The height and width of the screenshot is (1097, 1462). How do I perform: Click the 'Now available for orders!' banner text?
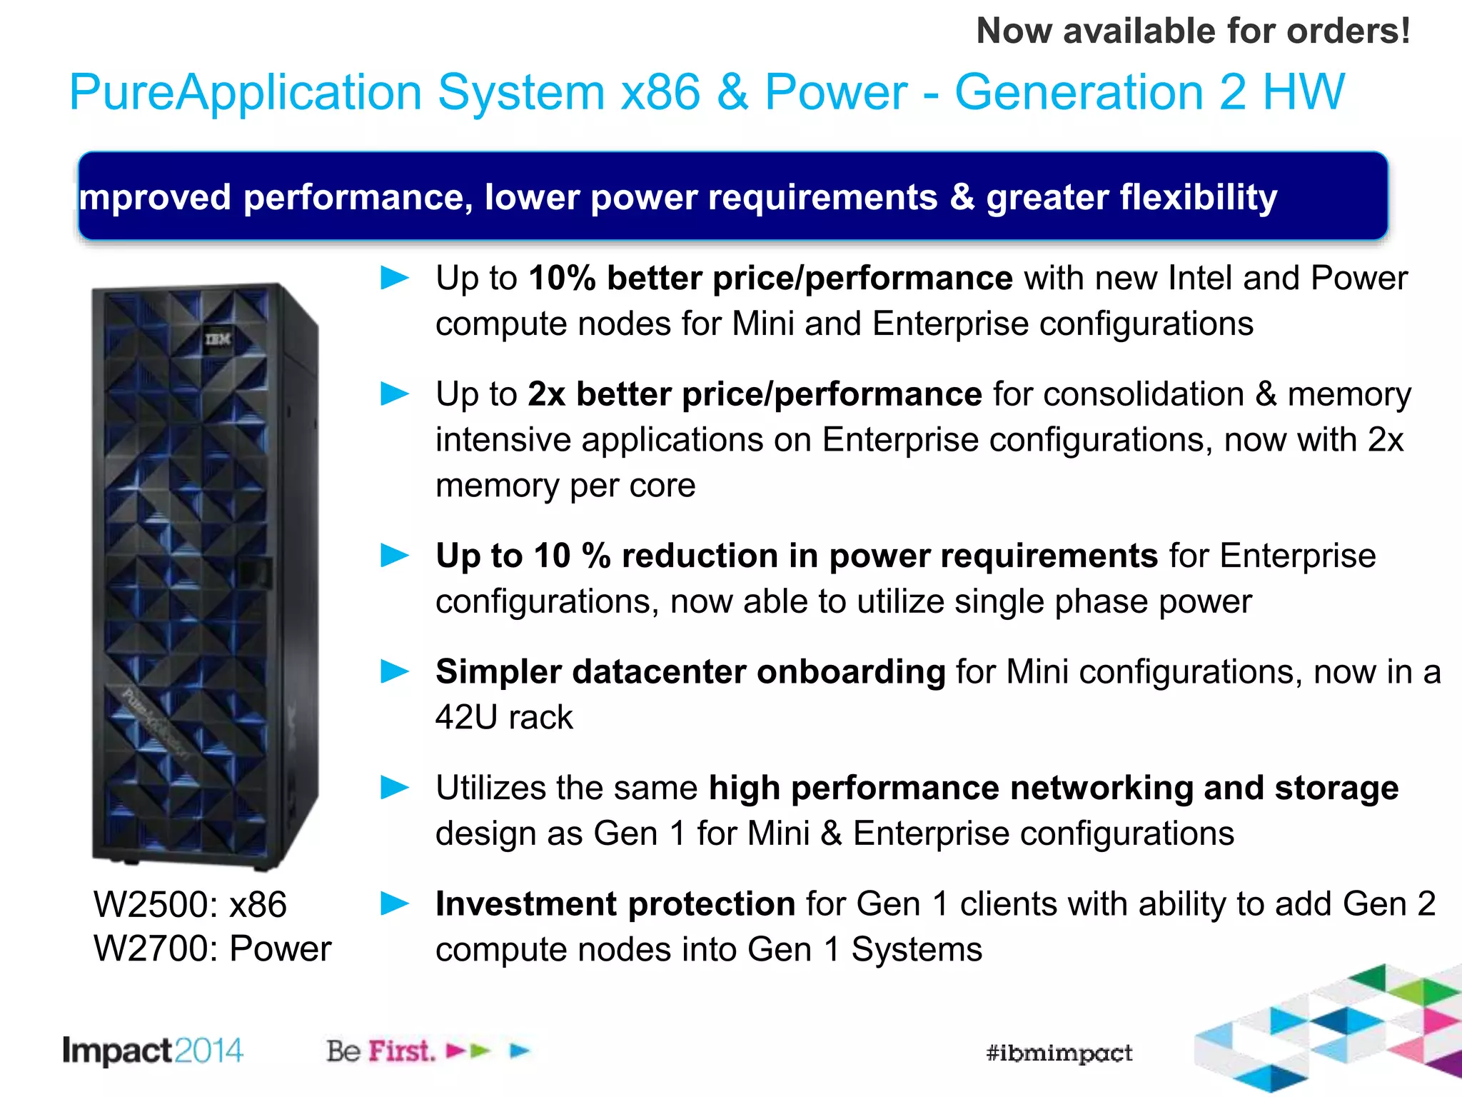(x=1193, y=31)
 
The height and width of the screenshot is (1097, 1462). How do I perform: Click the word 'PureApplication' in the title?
(x=246, y=93)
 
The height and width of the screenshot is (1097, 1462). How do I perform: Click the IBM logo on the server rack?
(x=218, y=339)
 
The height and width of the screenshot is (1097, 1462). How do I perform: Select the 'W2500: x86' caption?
(x=190, y=904)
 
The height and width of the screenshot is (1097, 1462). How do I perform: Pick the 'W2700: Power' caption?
(x=212, y=949)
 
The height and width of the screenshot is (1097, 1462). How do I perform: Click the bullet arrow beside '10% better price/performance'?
(x=395, y=278)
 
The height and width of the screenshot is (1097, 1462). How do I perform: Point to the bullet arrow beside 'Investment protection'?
(x=395, y=903)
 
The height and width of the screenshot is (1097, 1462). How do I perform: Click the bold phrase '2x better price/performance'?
(x=755, y=394)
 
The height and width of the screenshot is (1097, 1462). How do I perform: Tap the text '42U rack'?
(x=504, y=717)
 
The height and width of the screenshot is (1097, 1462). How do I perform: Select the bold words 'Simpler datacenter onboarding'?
(x=690, y=671)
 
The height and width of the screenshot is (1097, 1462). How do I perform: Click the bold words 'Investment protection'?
(x=615, y=903)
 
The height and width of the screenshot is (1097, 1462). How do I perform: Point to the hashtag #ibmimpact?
(x=1059, y=1053)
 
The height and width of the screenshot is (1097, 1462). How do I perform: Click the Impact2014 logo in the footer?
(x=153, y=1051)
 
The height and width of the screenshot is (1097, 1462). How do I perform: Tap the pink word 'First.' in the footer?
(x=401, y=1051)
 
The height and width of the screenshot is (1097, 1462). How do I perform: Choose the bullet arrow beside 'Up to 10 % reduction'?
(x=395, y=555)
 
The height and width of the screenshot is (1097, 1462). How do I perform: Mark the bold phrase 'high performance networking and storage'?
(x=1053, y=788)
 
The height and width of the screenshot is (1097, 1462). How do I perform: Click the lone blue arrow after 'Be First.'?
(x=520, y=1051)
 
